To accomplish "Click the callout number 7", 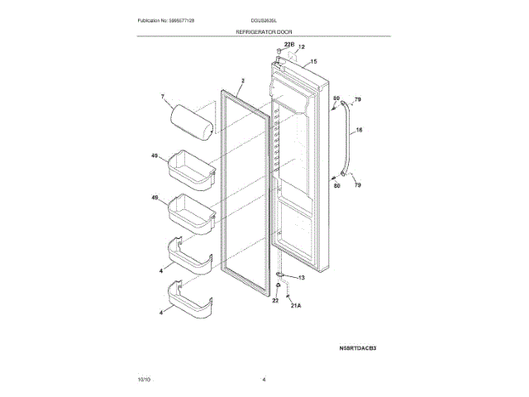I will click(x=163, y=98).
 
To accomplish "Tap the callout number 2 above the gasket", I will click(x=243, y=83).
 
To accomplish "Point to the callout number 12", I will click(x=302, y=48).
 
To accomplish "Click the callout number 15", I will click(x=313, y=61).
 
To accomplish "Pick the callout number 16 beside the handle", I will click(x=359, y=130).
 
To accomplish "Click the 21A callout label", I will click(x=296, y=305).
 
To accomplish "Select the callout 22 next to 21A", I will click(x=275, y=301).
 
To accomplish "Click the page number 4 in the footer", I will click(x=264, y=378).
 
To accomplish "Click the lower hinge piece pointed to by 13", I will click(x=281, y=275).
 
